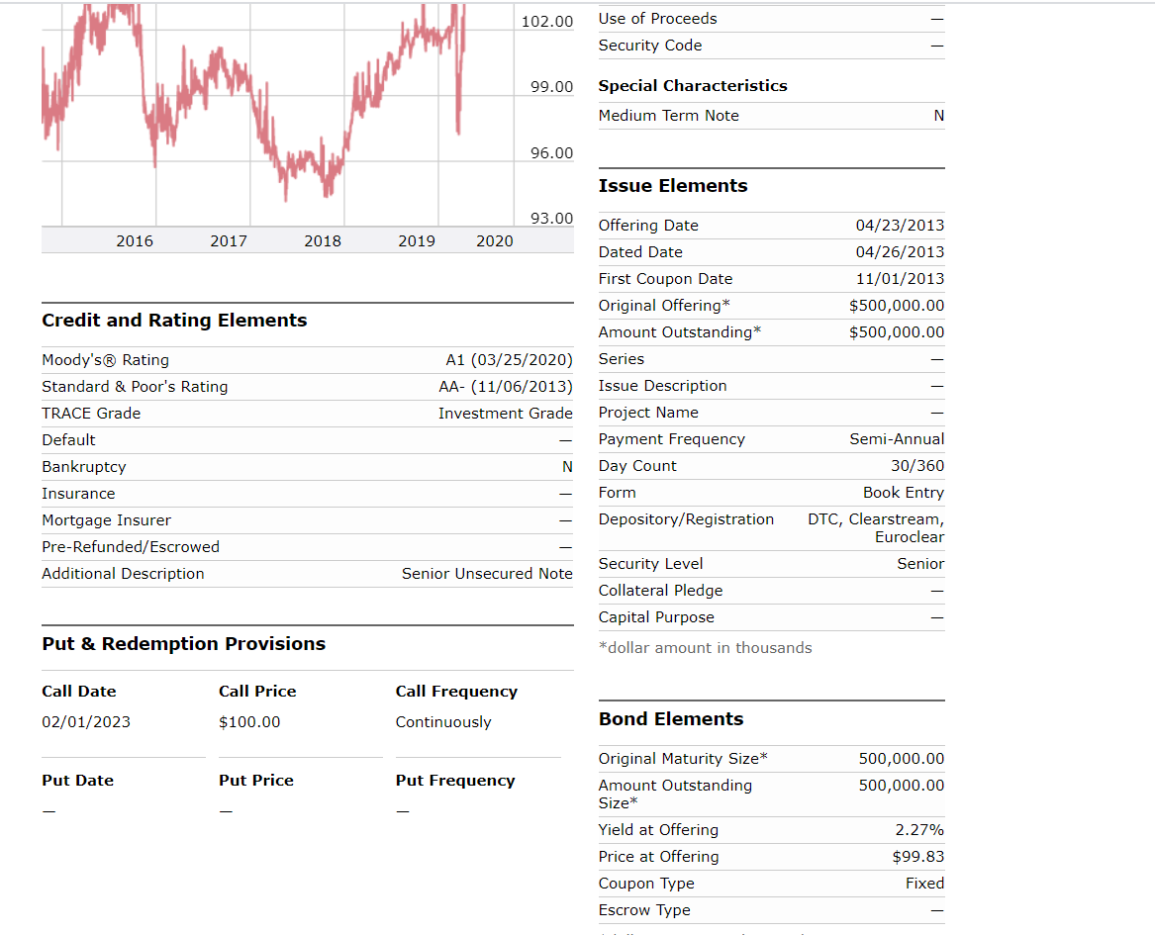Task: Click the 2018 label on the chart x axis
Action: point(323,240)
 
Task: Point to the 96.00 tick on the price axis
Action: point(551,152)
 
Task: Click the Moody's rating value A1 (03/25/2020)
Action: point(509,360)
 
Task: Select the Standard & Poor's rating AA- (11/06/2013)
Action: point(506,387)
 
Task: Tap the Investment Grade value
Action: point(505,414)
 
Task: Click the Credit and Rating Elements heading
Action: point(174,321)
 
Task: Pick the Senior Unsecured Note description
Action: point(487,574)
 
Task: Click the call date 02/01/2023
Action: point(86,722)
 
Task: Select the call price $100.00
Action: point(249,722)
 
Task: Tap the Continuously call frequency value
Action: point(443,722)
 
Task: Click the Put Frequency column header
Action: point(455,781)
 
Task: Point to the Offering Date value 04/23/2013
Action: point(900,226)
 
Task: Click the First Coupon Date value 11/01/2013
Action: point(900,279)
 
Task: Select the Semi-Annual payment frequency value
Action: point(897,439)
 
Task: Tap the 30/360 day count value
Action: point(917,466)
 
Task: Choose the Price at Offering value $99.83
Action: point(917,857)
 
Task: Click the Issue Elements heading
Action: point(673,186)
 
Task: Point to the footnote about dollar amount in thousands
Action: point(705,648)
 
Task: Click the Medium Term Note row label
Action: point(668,116)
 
